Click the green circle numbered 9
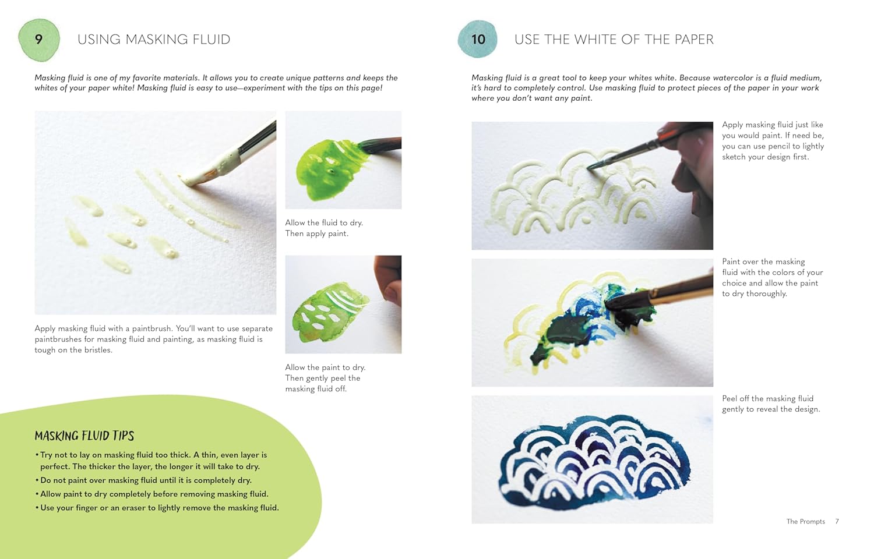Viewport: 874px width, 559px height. point(39,40)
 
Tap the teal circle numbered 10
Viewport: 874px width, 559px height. point(478,40)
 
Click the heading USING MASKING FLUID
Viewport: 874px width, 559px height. point(154,40)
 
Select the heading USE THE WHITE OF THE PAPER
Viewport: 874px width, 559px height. point(614,40)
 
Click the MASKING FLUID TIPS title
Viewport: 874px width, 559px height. point(84,436)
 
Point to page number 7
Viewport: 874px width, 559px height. point(837,522)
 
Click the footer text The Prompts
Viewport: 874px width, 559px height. point(805,522)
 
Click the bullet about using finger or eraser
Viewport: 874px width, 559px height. point(159,508)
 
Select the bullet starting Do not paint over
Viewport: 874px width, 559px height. point(146,480)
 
